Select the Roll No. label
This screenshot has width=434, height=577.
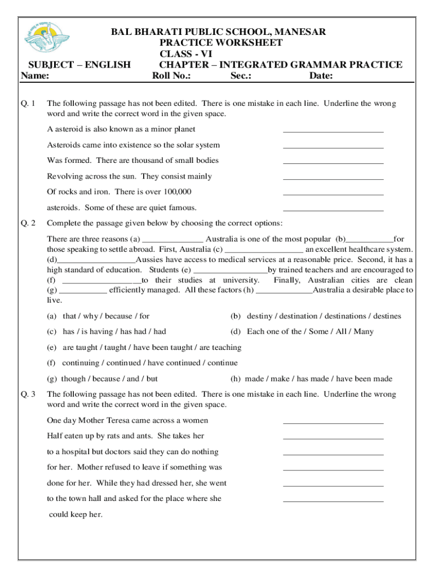pyautogui.click(x=172, y=76)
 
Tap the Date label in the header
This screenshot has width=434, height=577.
pyautogui.click(x=321, y=76)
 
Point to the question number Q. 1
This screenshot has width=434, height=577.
pyautogui.click(x=28, y=104)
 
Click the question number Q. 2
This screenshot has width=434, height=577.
pyautogui.click(x=28, y=223)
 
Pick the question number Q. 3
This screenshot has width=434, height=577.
pyautogui.click(x=28, y=394)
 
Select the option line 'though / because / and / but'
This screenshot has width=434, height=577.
pyautogui.click(x=109, y=379)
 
